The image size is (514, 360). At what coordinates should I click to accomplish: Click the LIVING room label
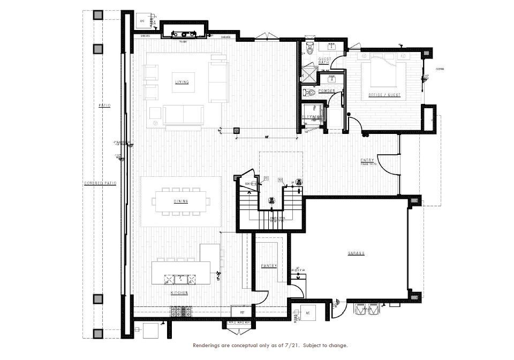[182, 82]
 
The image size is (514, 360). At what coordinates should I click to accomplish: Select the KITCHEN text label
[178, 293]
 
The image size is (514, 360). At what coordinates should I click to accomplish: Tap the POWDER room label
[326, 91]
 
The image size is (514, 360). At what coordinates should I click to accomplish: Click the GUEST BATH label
[324, 61]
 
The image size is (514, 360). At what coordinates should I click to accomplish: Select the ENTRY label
[367, 160]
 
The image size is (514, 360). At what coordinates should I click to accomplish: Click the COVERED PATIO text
[100, 183]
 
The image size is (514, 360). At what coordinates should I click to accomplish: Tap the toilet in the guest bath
[309, 49]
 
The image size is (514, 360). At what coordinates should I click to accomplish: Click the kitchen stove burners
[181, 310]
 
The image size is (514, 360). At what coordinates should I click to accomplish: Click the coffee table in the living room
[183, 114]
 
